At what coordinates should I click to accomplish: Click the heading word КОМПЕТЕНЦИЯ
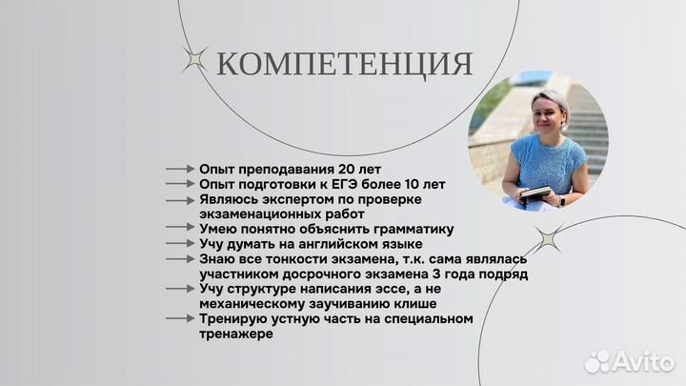(x=344, y=64)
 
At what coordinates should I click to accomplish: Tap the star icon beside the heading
(x=196, y=61)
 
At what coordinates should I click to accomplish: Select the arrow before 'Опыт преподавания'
(x=180, y=169)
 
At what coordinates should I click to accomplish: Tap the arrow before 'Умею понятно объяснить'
(x=180, y=229)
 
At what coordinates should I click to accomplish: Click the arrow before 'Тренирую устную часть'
(x=180, y=319)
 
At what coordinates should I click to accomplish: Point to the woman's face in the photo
(x=550, y=115)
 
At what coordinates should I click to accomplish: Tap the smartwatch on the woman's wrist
(x=560, y=201)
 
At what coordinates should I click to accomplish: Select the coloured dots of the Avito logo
(x=597, y=361)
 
